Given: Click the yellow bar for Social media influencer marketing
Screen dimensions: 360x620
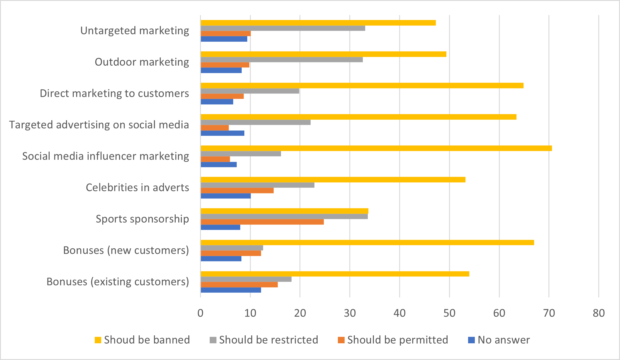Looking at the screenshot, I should pos(376,148).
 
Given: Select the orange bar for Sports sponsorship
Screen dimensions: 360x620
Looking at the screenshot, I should pos(262,222).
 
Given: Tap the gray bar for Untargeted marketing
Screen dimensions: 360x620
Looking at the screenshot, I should pos(283,28).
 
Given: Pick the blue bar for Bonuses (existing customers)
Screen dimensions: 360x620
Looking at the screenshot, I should pos(231,290).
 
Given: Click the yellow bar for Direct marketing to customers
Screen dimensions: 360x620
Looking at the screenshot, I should pos(362,86).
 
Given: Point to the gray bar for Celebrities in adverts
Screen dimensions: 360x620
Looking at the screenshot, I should pos(258,185).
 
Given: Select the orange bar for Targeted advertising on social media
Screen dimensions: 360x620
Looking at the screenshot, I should pos(215,128).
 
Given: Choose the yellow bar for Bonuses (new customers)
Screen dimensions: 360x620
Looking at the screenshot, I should pos(367,242).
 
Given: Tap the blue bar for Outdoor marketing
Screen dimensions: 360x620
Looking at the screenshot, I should pos(221,70).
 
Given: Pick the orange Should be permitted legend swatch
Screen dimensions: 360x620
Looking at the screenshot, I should pos(341,340).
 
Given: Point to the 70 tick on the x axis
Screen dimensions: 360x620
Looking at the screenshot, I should pos(549,313).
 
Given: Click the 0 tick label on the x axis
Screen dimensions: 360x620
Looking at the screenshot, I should pos(200,313).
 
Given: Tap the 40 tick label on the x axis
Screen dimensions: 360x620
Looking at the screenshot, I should pos(399,313).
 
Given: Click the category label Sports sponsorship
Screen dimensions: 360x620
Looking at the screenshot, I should pos(142,219).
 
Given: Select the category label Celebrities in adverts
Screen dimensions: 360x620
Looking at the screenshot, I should pos(137,188).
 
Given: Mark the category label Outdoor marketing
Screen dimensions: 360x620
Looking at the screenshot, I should pos(142,62).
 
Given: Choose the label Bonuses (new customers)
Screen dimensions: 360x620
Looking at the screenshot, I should pos(126,250).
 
